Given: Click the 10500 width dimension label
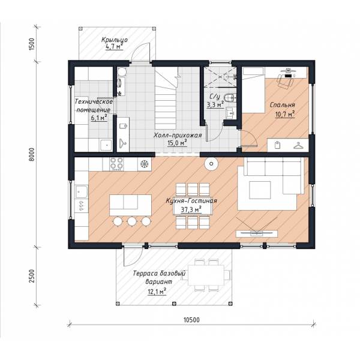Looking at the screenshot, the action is (x=192, y=320).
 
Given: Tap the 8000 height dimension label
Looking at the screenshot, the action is (x=32, y=154).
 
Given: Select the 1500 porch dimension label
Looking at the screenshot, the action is (x=32, y=44).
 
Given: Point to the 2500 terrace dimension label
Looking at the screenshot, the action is (x=32, y=276).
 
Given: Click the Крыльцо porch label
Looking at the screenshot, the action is (x=115, y=40).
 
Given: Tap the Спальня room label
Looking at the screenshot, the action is (x=282, y=105).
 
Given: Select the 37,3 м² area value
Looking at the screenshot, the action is (x=191, y=210).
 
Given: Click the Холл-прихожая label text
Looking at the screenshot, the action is (x=178, y=135).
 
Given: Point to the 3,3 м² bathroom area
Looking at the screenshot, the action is (x=215, y=105).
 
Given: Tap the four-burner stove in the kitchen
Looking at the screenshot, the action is (x=116, y=164).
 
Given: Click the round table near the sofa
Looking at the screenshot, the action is (x=211, y=164).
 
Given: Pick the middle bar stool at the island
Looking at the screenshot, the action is (x=132, y=221).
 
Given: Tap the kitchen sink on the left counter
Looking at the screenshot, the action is (x=81, y=192).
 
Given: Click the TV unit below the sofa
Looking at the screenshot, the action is (x=257, y=233).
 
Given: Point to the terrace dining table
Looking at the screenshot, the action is (x=206, y=275).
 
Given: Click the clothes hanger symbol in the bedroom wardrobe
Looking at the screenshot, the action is (x=298, y=146).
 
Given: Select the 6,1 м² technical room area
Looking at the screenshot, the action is (x=99, y=118).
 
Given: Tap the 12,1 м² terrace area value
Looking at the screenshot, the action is (x=157, y=292).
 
